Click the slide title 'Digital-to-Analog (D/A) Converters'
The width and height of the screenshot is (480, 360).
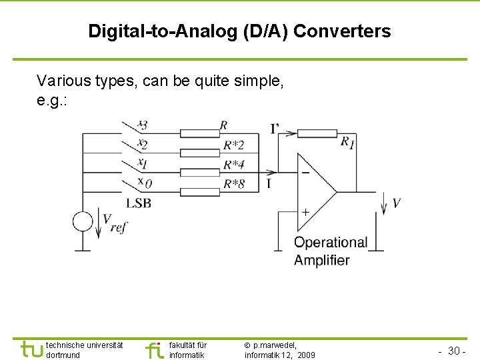tap(239, 31)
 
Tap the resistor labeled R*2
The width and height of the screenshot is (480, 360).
tap(200, 153)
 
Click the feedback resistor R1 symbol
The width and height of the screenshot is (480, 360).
tap(317, 133)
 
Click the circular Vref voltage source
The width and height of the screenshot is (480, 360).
tap(83, 221)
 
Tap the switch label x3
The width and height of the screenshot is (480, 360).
tap(142, 124)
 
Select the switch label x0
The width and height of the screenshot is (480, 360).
tap(143, 182)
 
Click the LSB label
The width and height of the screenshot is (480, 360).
tap(138, 203)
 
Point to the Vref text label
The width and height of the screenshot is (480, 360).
tap(114, 221)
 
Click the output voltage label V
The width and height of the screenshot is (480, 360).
tap(397, 203)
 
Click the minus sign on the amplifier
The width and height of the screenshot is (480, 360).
tap(305, 171)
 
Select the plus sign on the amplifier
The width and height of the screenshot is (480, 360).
tap(305, 212)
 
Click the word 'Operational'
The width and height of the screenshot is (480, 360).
tap(331, 243)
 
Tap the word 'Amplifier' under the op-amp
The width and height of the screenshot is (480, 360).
tap(321, 260)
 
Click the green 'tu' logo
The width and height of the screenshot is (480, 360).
tap(31, 349)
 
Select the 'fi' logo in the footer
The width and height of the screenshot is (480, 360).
tap(154, 349)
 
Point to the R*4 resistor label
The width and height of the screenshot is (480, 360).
tap(233, 164)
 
